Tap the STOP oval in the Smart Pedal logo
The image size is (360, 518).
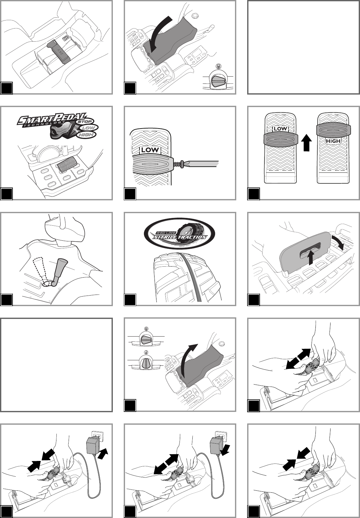pos(85,121)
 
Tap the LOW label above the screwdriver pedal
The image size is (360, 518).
pos(150,150)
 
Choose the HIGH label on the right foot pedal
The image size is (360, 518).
pos(333,141)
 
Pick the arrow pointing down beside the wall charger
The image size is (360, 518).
pos(225,449)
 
